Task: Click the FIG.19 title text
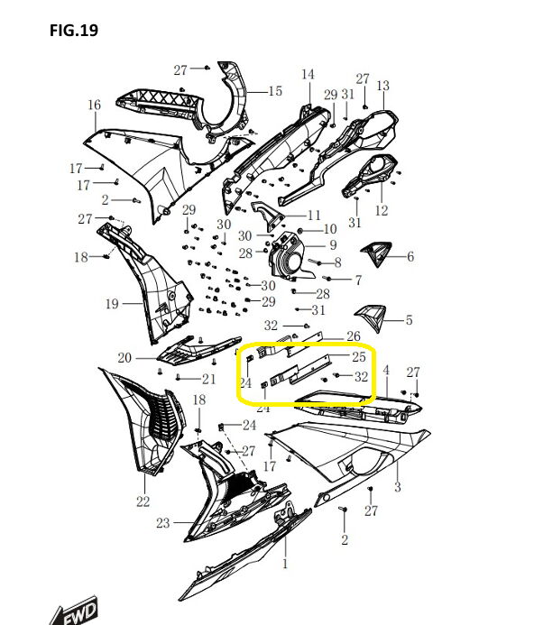click(74, 31)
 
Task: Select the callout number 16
click(95, 105)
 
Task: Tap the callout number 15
click(275, 91)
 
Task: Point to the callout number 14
click(308, 75)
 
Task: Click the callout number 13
click(382, 86)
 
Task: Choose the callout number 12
click(382, 210)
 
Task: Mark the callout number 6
click(410, 256)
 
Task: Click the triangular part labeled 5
click(373, 317)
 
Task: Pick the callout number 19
click(112, 304)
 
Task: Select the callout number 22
click(143, 501)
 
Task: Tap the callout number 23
click(163, 523)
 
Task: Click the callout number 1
click(285, 564)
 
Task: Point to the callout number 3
click(397, 487)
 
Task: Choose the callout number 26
click(354, 336)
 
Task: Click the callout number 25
click(359, 357)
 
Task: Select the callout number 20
click(124, 358)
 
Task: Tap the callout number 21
click(209, 379)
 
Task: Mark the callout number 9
click(333, 245)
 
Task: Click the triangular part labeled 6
click(377, 253)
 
